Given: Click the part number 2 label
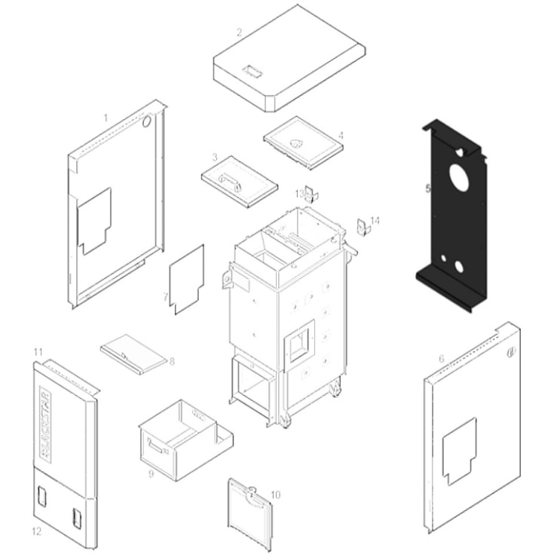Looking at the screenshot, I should [239, 32].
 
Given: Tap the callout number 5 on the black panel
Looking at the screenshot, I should [428, 189].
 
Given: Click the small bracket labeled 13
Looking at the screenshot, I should [312, 194].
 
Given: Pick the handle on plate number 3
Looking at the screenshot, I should [228, 179].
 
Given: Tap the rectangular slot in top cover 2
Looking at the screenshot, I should [250, 72].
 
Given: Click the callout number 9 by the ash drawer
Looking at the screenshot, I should [152, 474].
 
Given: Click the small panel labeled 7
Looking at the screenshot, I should [188, 279].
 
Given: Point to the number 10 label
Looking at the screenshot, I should [275, 494].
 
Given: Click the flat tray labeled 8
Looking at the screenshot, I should [133, 354].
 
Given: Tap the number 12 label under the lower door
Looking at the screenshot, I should [36, 531].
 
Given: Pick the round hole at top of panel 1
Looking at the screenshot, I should [148, 120].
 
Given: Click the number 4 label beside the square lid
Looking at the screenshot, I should [341, 136].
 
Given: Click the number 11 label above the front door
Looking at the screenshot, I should [38, 352].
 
